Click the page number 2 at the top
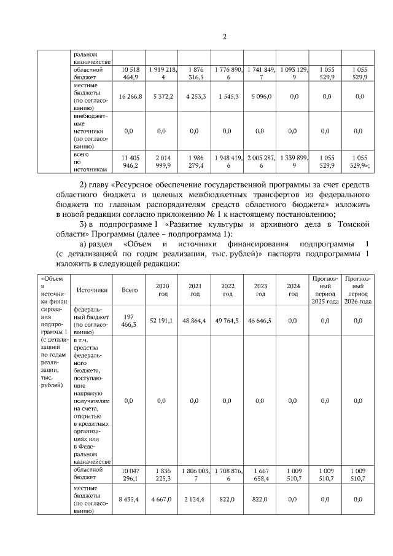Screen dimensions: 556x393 point(224,36)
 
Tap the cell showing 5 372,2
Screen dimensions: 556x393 point(161,96)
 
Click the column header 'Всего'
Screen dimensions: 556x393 point(130,290)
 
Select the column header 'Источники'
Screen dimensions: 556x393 point(92,290)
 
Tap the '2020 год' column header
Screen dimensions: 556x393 point(162,290)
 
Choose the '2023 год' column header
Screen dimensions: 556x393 point(260,290)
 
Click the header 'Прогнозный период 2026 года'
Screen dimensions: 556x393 point(358,290)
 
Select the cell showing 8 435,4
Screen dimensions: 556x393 point(130,500)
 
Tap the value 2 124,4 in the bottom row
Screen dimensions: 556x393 point(195,500)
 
